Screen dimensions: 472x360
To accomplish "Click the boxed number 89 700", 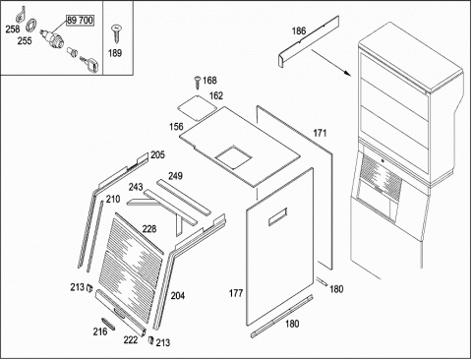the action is coord(81,21).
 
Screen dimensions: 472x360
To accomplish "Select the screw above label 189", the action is coord(116,33).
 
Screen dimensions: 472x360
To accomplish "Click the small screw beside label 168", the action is coord(197,82).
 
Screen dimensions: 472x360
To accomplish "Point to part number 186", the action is coord(299,31).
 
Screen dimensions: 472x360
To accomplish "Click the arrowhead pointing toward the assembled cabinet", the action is coord(347,73).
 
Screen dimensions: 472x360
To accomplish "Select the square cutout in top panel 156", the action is coord(233,157).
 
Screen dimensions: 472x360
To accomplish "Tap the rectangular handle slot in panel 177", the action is coord(278,217).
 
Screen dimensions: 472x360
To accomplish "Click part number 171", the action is coord(320,133).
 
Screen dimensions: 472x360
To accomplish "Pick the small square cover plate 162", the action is coord(197,107).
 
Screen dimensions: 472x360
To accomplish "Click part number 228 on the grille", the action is coord(149,229).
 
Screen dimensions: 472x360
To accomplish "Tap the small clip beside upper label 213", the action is coord(89,288).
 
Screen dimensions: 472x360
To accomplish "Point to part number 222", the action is coord(131,340).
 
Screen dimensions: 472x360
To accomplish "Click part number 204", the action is coord(178,296).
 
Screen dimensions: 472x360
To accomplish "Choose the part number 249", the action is coord(175,176).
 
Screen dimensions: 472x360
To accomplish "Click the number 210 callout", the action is coord(113,199).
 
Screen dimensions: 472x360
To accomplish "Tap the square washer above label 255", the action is coord(31,25).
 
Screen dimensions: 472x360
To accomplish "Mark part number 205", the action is coord(157,154).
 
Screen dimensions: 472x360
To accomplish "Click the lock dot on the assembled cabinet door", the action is coord(383,160).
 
